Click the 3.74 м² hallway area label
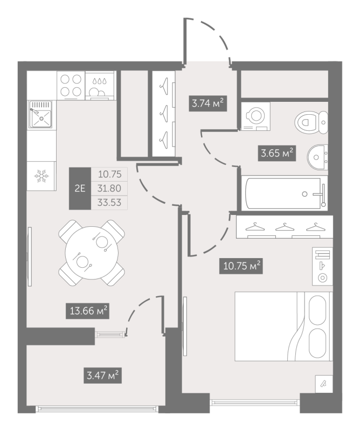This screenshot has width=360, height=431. (207, 103)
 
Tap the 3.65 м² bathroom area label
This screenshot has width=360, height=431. (276, 153)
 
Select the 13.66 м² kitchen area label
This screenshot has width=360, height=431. (87, 311)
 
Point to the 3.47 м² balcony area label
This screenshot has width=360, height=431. (102, 375)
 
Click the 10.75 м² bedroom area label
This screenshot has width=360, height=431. (241, 266)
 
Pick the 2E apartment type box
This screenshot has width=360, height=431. (80, 189)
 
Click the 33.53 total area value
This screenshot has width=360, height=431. (109, 203)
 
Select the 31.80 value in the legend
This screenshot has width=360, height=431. (109, 188)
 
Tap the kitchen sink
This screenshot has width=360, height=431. (41, 114)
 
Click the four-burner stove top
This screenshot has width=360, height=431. (71, 85)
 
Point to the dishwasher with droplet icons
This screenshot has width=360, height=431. (100, 86)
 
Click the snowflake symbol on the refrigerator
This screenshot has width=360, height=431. (41, 176)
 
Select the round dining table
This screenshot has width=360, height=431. (92, 252)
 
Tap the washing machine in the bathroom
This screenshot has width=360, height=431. (256, 116)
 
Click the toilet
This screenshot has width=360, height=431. (311, 122)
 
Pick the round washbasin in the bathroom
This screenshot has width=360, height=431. (317, 157)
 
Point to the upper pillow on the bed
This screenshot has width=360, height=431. (317, 310)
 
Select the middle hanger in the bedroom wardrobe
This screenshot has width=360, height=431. (285, 227)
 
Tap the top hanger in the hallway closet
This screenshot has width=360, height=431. (164, 86)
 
